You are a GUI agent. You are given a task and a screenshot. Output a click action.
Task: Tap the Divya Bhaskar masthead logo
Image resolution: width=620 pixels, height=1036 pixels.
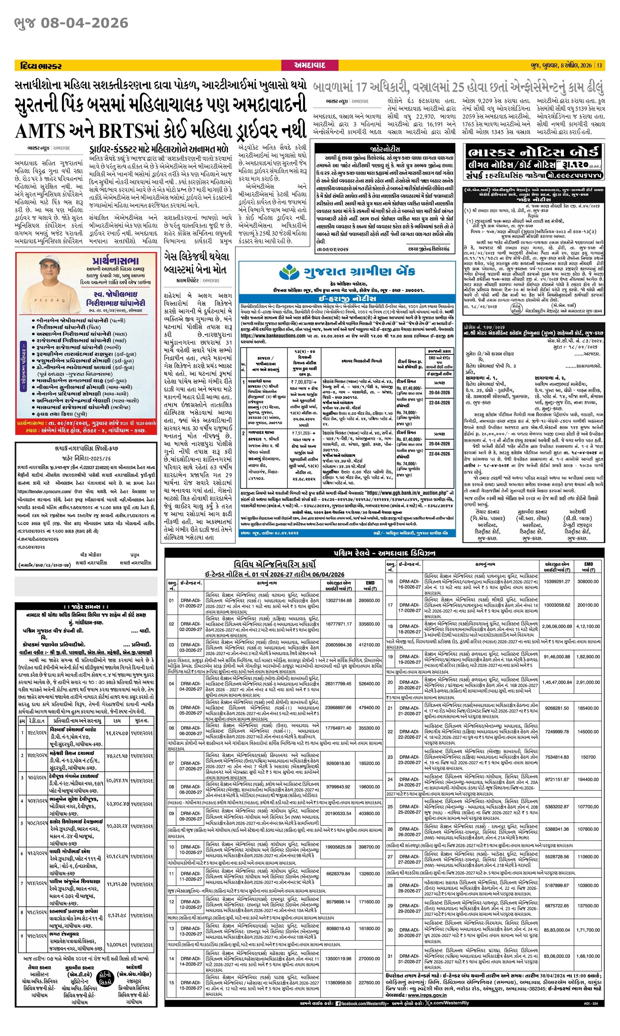(x=41, y=65)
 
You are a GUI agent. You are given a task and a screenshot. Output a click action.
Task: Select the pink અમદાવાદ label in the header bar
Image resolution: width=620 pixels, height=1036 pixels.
(x=309, y=65)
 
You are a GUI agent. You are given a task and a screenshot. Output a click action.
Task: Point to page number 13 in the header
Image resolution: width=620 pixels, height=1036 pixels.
(x=600, y=65)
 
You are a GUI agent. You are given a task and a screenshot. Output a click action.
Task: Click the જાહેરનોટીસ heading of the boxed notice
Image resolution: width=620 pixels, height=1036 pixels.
(x=384, y=149)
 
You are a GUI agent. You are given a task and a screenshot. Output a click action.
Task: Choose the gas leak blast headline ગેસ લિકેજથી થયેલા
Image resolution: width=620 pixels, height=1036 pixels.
(x=196, y=256)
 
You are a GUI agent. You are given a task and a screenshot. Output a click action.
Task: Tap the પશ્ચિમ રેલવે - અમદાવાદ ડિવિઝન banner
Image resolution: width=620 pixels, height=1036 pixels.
(x=384, y=553)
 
